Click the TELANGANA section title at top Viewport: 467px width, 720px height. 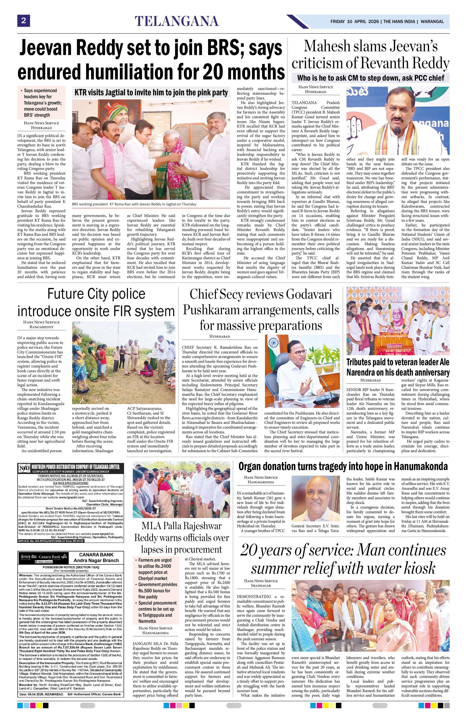[x=177, y=21]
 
